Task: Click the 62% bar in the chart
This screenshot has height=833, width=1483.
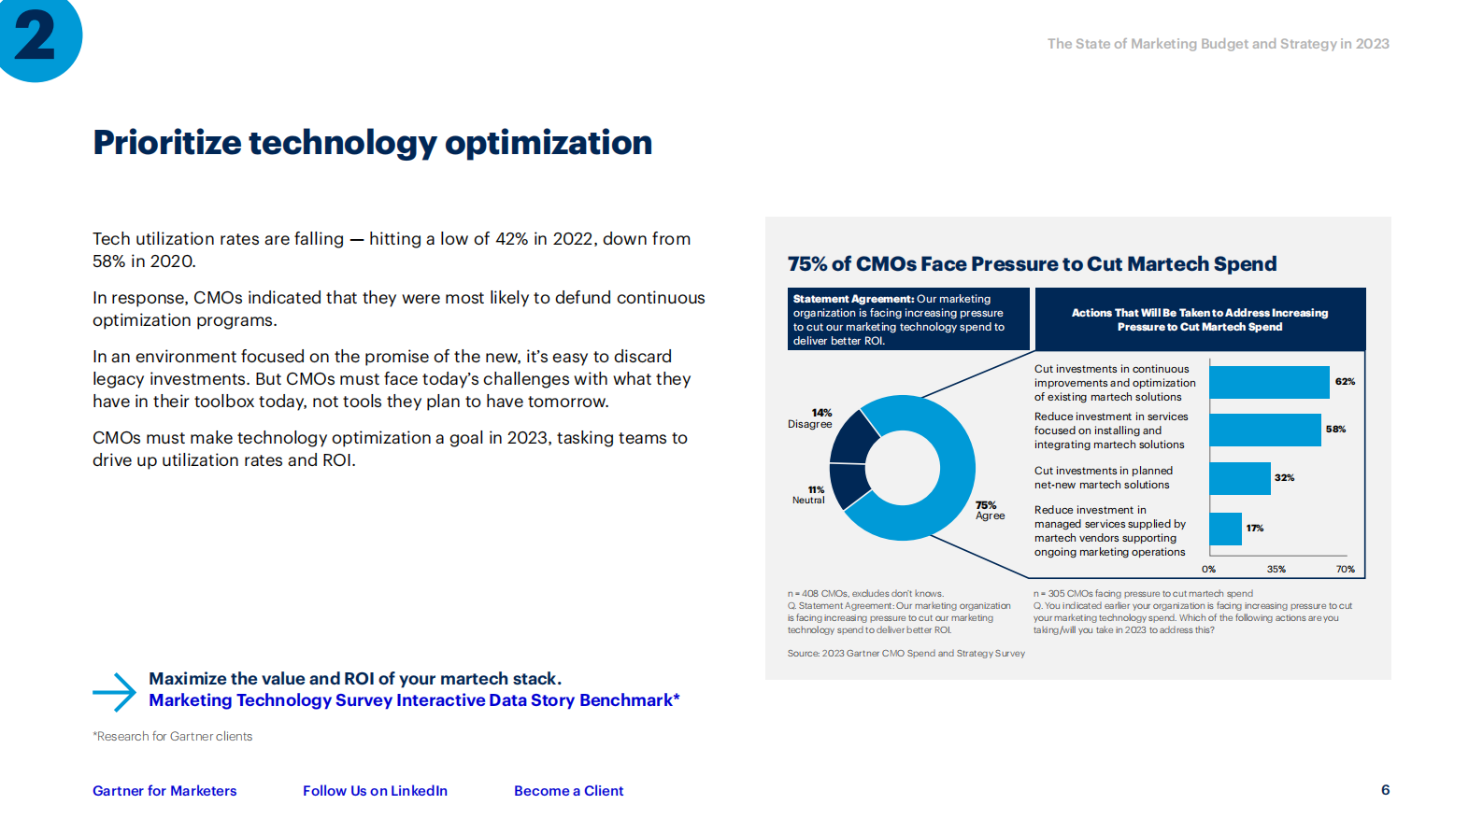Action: (1268, 382)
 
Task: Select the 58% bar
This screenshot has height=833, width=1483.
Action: (1264, 430)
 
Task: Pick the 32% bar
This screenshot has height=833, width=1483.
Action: (1239, 478)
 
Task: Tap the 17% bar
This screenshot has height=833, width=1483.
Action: (1225, 529)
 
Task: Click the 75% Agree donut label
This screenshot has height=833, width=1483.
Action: (990, 511)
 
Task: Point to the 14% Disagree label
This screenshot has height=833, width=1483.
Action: (810, 418)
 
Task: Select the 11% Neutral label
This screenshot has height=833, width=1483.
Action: (809, 495)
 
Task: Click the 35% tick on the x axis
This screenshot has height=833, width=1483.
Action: (1276, 569)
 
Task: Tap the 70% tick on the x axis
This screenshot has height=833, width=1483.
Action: (1345, 569)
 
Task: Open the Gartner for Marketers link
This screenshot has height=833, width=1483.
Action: (164, 791)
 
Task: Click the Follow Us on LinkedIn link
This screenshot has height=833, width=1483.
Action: (375, 791)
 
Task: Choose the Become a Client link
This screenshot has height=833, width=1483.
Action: (568, 791)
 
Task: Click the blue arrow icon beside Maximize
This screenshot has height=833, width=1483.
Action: (115, 692)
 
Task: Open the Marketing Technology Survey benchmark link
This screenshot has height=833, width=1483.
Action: (414, 700)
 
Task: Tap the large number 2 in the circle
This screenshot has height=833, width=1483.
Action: (36, 37)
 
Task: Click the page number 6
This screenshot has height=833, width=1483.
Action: (1385, 790)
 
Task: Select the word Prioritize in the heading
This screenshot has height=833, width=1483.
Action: (167, 143)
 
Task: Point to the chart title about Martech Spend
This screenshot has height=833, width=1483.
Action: (1032, 264)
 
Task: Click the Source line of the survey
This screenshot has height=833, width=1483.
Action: (905, 654)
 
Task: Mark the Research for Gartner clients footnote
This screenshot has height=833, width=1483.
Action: (173, 737)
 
